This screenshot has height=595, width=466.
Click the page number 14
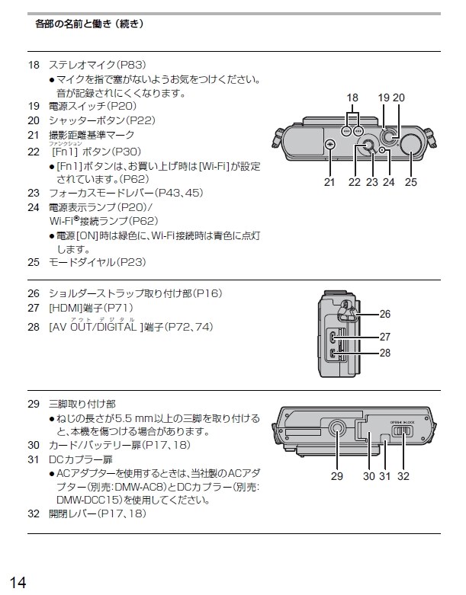(x=18, y=582)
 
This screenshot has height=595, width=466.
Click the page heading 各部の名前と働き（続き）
(x=89, y=24)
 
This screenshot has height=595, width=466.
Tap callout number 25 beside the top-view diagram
(x=411, y=182)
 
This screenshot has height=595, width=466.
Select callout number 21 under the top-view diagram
(x=329, y=182)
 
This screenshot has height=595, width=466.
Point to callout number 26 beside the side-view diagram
(x=384, y=314)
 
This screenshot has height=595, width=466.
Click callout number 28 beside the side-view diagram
(x=384, y=353)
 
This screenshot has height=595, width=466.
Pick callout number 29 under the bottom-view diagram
(x=338, y=476)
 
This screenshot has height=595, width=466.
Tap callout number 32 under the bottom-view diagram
(x=403, y=476)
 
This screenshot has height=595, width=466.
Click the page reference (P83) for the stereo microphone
(x=130, y=66)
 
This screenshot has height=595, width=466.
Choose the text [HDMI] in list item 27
(x=68, y=310)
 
